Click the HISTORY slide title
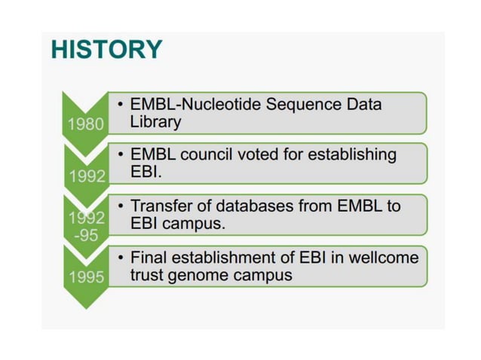(x=106, y=50)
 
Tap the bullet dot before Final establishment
(x=121, y=258)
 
